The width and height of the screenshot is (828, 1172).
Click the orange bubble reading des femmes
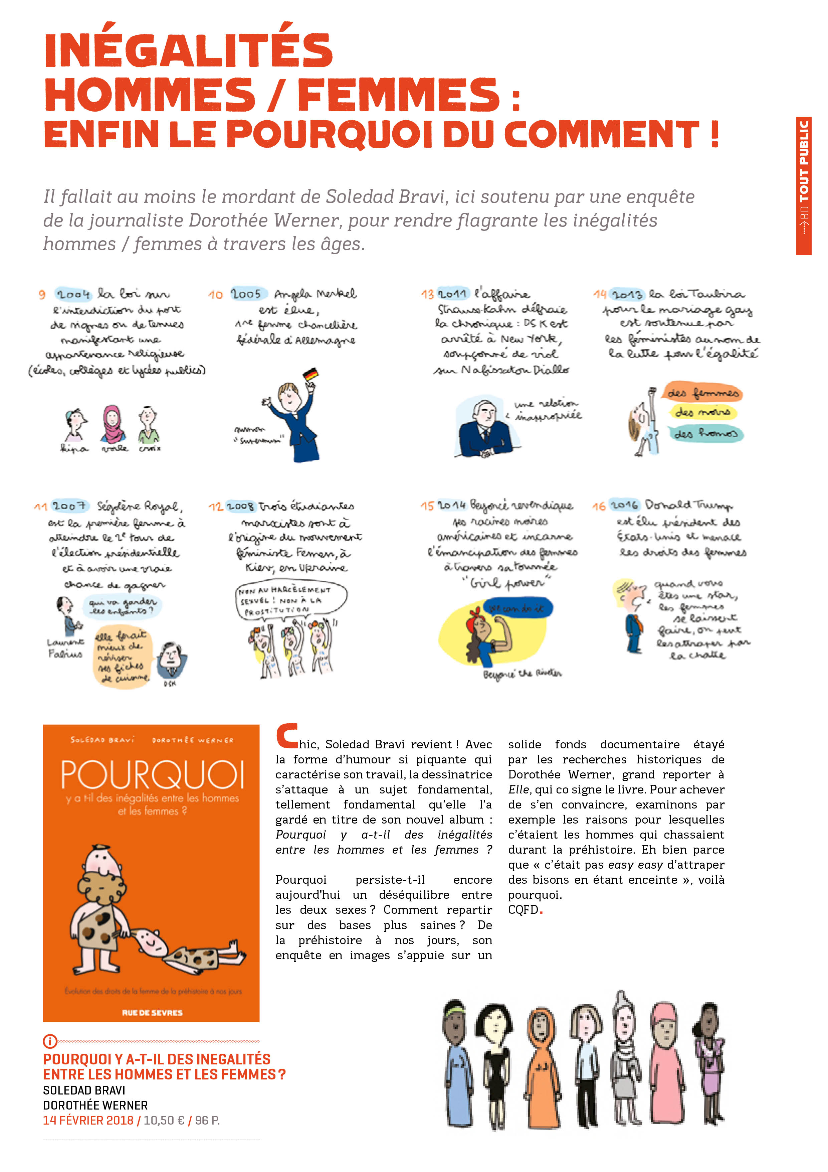click(x=702, y=393)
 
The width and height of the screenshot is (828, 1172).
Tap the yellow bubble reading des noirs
click(x=702, y=413)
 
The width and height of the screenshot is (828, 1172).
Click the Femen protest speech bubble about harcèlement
click(x=291, y=600)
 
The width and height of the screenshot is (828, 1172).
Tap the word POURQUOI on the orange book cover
click(x=152, y=776)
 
